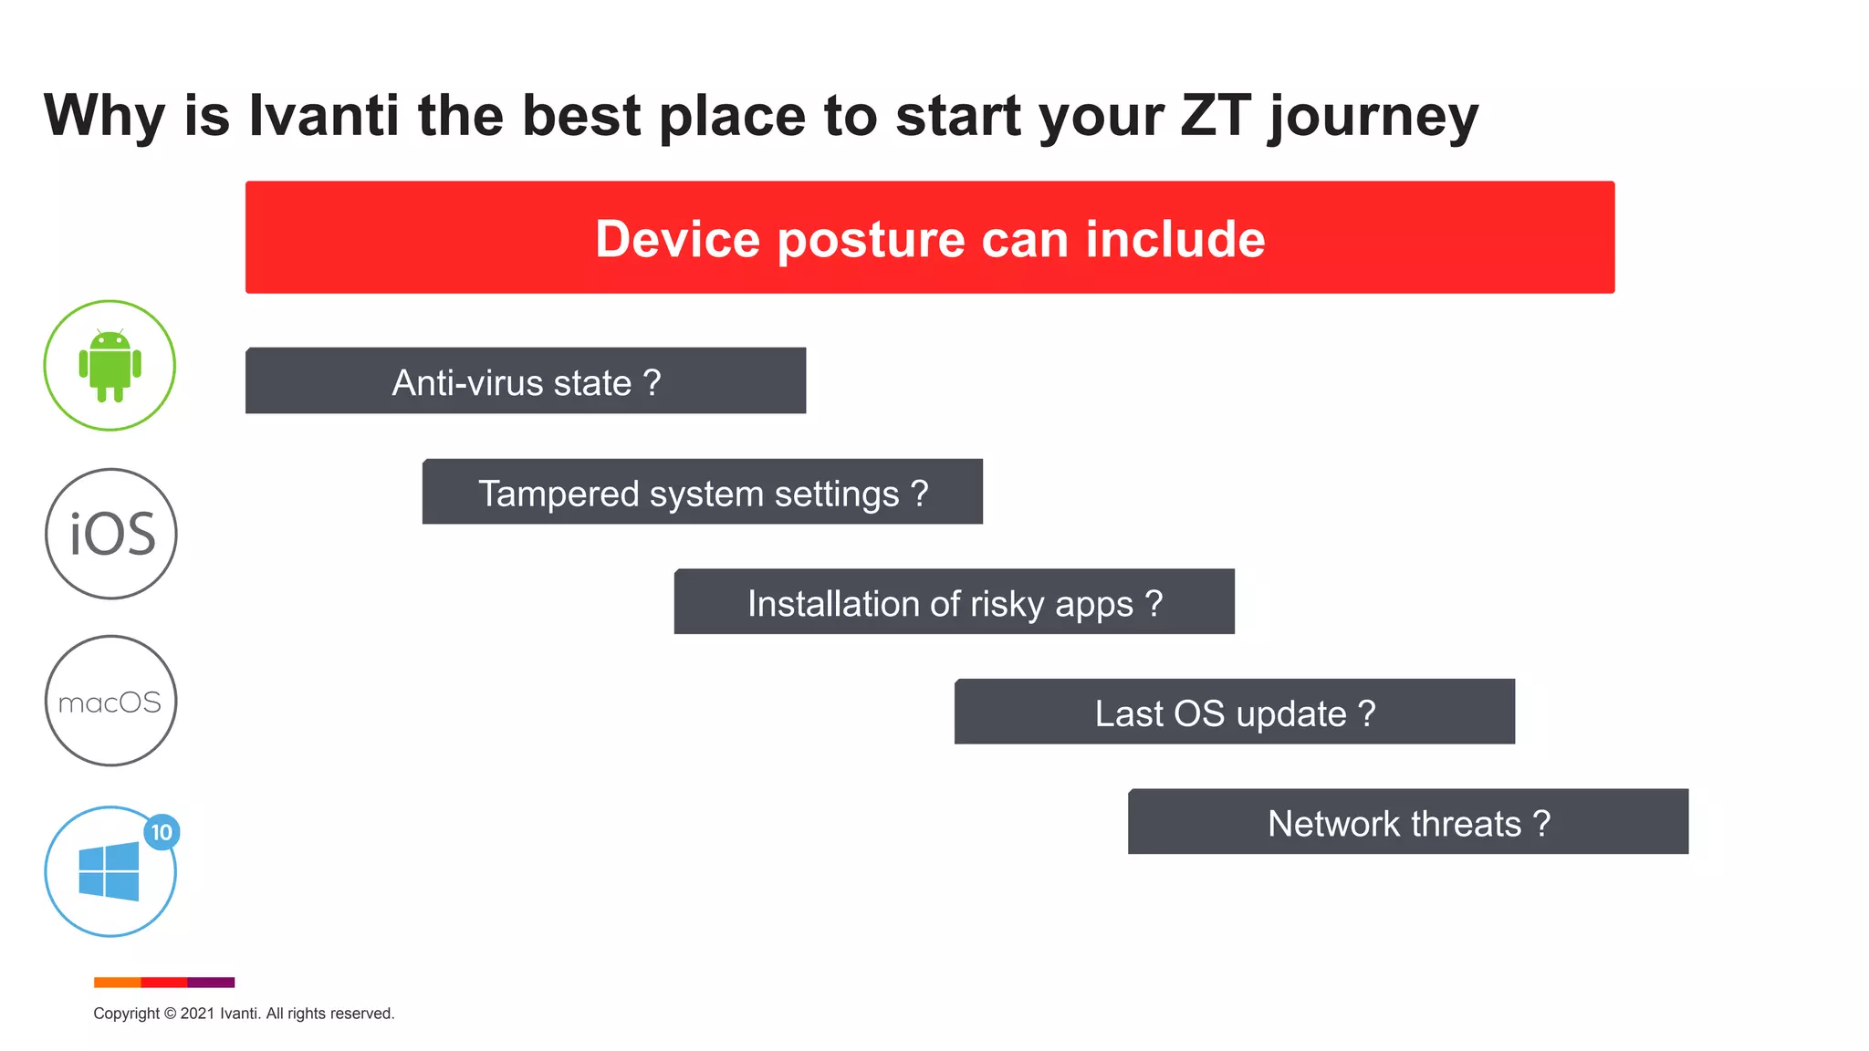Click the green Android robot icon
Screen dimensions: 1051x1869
point(110,365)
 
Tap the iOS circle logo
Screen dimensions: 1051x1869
point(111,534)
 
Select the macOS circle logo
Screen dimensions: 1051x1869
point(110,701)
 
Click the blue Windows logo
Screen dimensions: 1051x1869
point(109,872)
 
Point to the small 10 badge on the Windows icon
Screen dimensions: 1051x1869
point(162,832)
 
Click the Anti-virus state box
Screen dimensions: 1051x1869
point(526,381)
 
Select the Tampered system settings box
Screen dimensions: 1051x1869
point(702,493)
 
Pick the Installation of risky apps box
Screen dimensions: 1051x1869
point(954,602)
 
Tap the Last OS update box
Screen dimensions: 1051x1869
point(1234,713)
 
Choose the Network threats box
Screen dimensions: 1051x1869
point(1407,822)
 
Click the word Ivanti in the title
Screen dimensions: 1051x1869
point(324,116)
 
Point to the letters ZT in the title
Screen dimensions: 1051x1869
point(1215,116)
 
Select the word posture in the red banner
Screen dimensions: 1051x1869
point(872,241)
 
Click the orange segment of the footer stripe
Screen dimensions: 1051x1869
point(117,983)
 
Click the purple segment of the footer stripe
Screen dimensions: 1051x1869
point(211,983)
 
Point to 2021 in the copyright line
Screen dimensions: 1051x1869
point(197,1014)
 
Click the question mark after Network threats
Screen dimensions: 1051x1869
point(1541,823)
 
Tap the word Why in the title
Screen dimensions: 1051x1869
point(104,117)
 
